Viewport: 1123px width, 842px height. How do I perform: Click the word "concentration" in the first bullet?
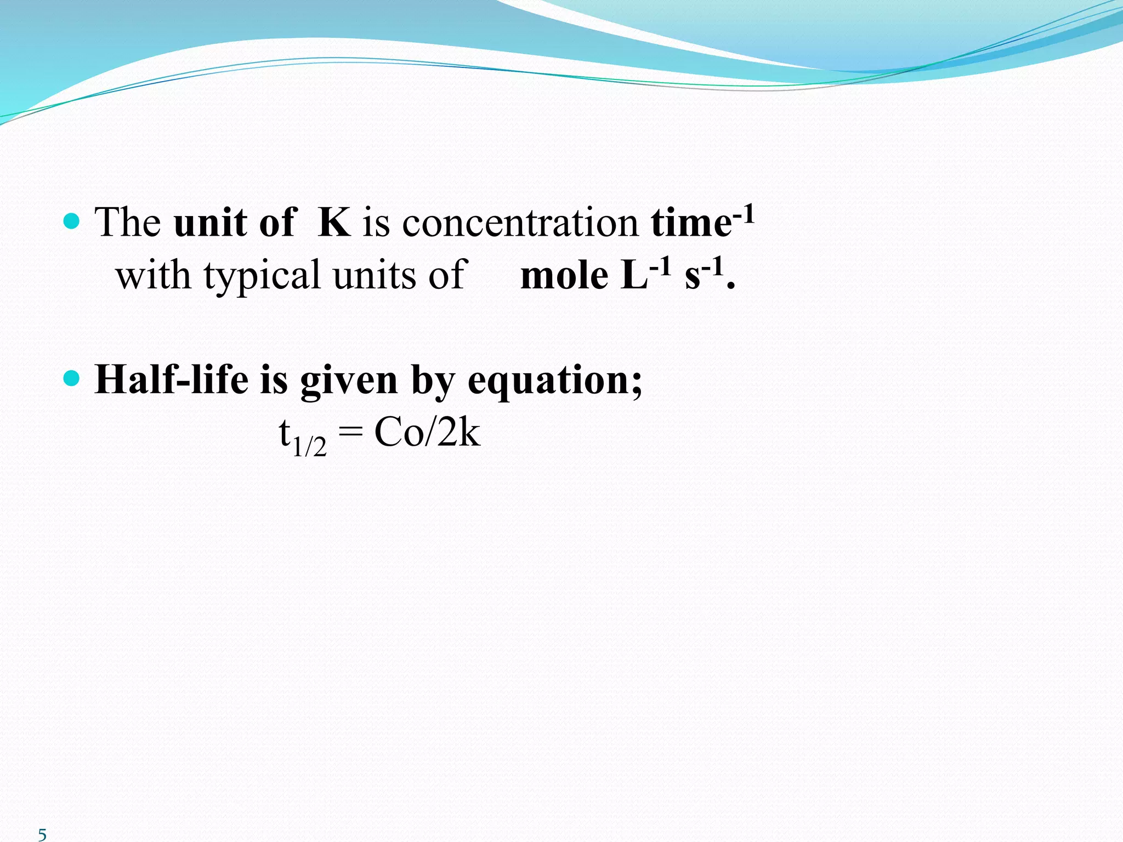[520, 224]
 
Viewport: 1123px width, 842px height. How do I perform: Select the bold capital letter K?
[334, 223]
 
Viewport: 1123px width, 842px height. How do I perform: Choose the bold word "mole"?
[564, 276]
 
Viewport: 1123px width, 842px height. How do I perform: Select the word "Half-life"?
[171, 380]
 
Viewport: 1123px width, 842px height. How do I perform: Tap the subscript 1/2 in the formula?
[309, 447]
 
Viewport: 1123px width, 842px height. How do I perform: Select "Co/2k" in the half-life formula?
[427, 433]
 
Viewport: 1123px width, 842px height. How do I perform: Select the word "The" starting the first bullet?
[128, 223]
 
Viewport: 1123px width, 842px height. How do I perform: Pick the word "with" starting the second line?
[154, 276]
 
